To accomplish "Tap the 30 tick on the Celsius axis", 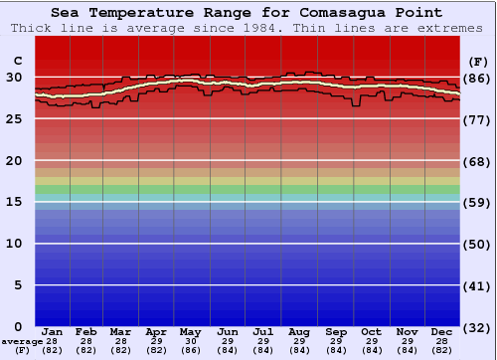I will (x=14, y=77).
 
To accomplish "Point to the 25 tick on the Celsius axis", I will (x=14, y=118).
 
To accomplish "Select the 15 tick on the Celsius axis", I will (x=14, y=202).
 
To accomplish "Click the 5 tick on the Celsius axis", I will (x=17, y=284).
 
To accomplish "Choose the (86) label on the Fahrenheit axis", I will (x=478, y=78).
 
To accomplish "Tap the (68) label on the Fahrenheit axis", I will (x=478, y=161).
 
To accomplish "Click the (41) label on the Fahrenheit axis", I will (x=478, y=285).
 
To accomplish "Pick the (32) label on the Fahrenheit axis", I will (x=478, y=327).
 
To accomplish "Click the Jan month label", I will (x=53, y=331).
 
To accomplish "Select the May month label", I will (x=192, y=331).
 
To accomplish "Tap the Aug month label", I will (x=299, y=331).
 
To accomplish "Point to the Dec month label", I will (x=442, y=331).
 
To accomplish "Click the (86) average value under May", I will (x=192, y=350).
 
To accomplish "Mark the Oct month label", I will (x=371, y=331).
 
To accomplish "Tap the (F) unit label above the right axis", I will (x=478, y=61).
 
